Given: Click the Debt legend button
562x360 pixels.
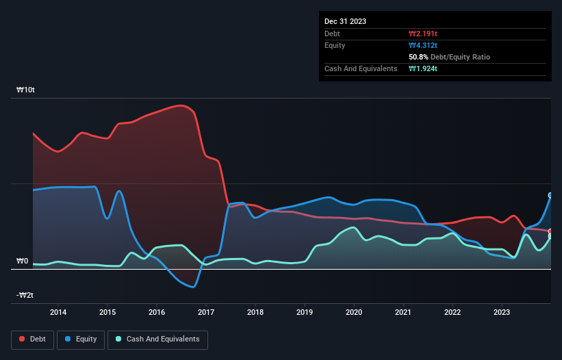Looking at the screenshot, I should coord(33,339).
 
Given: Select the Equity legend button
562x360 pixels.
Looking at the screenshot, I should coord(81,339).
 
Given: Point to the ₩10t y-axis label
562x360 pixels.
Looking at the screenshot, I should coord(26,90).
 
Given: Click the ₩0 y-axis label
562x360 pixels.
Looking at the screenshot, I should coord(22,261).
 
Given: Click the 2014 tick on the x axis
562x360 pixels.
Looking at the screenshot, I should coord(58,312).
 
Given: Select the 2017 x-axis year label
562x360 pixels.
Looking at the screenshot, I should coord(206,312).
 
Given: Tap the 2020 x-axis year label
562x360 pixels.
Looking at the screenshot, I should coord(354,312).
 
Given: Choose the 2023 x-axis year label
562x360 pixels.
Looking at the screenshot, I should coord(502,312).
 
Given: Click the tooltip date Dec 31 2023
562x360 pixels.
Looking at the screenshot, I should coord(346,21).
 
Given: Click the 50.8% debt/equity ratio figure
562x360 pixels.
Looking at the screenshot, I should coord(419,57).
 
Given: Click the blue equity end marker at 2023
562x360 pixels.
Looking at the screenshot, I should coord(550,195).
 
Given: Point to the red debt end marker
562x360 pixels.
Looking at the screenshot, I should coord(550,231).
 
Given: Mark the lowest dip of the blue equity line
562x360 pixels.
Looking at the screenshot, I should coord(194,287).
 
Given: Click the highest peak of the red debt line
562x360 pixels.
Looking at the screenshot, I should coord(181,105).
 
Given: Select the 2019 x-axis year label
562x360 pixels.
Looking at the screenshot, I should coord(305,312).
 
